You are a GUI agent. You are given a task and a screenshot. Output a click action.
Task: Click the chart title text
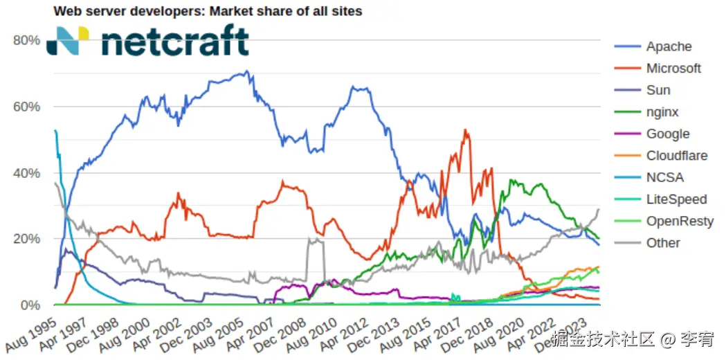[208, 11]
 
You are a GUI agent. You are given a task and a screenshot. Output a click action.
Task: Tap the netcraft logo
[147, 42]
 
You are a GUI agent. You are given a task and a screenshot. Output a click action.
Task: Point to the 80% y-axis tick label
[26, 40]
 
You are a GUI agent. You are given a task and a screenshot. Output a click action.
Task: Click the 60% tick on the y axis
[26, 107]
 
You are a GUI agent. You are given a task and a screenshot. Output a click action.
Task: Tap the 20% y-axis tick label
[26, 239]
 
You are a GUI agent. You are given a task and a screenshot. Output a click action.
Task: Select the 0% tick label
[30, 305]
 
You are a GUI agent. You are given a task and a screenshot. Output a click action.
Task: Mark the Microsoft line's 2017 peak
[466, 130]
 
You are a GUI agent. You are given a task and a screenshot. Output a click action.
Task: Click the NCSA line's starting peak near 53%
[55, 131]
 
